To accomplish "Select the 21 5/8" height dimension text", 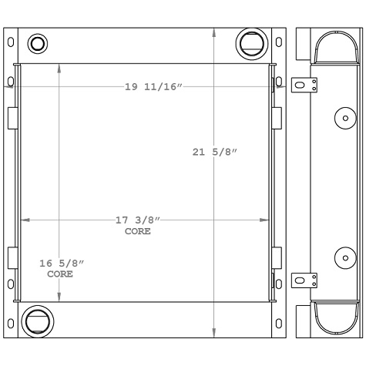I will point(213,152).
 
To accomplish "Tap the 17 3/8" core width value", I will point(138,220).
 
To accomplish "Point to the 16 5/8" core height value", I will point(61,264).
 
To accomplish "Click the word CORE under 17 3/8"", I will point(138,231).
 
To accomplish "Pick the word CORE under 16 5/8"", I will point(61,274).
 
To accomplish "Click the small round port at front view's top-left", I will point(36,43).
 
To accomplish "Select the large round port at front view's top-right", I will point(250,42).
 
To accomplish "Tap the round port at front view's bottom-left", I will point(36,320).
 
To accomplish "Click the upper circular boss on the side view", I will point(344,118).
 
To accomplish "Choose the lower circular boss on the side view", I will point(344,257).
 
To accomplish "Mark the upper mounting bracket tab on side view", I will point(306,85).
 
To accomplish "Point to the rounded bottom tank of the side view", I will point(332,317).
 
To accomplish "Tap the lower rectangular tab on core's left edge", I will point(12,257).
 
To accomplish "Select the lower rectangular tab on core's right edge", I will point(277,257).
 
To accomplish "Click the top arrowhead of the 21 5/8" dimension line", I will point(213,33).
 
